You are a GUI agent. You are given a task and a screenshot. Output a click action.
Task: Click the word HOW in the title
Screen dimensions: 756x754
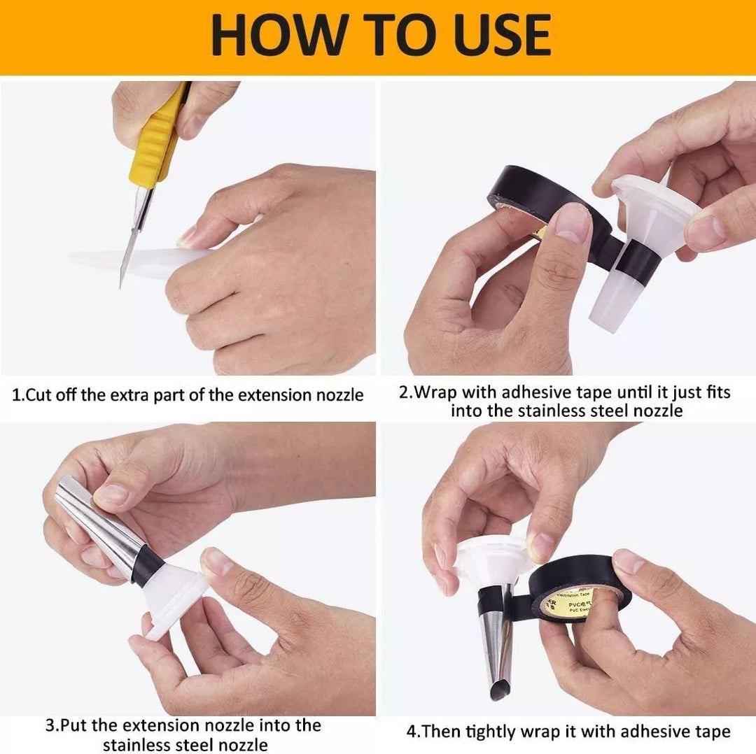pos(278,34)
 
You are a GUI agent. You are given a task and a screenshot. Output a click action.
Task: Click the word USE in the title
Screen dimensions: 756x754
pos(501,34)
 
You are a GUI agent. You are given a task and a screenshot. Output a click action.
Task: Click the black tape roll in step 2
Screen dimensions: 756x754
pos(545,202)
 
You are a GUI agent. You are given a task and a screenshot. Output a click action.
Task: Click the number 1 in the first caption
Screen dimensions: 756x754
pos(16,395)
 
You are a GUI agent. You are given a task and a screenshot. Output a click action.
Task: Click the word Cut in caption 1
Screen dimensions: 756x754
pos(38,395)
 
